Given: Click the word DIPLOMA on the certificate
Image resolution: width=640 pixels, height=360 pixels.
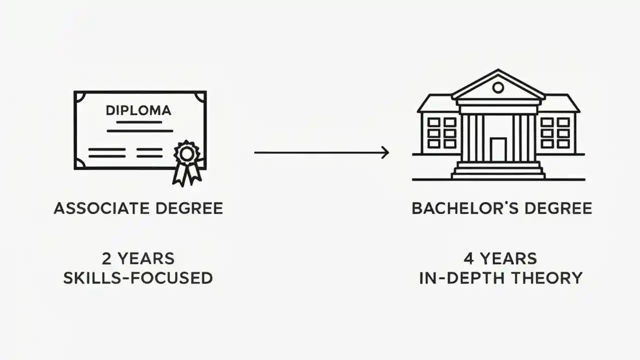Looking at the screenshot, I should point(138,110).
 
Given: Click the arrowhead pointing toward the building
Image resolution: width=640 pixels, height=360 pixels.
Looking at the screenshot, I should point(385,152).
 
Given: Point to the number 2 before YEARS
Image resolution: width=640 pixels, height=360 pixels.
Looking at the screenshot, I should point(107,259).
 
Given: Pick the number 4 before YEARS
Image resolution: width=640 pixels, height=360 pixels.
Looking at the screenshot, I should point(468,259).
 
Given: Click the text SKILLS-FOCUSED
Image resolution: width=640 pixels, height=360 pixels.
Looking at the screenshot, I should point(138,278).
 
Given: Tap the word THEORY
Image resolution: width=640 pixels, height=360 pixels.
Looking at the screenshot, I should point(553,278).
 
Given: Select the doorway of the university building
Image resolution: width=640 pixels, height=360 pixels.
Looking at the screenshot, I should point(498,149).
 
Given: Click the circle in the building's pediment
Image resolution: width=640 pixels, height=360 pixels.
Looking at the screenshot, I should point(498,88).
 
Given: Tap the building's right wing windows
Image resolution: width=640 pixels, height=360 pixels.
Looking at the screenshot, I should point(555,133).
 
